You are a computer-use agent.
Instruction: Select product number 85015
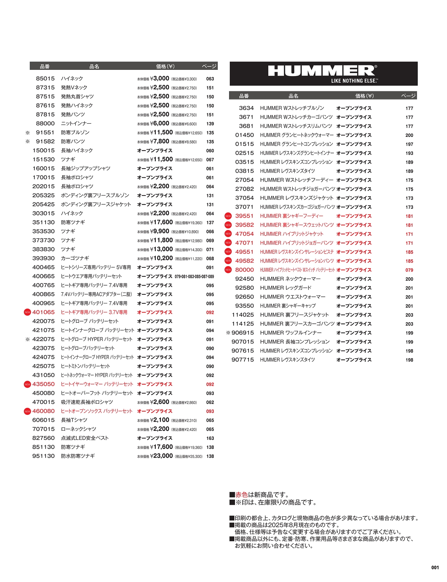(45, 79)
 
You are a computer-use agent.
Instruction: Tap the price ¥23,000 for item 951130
(163, 456)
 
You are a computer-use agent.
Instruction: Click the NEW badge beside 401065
(27, 312)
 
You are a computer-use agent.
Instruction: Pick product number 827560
(44, 438)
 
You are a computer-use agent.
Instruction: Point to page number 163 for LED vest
(210, 439)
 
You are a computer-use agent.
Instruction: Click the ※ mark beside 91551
(28, 133)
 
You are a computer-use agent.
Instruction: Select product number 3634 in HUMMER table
(246, 108)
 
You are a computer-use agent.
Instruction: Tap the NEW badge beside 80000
(228, 270)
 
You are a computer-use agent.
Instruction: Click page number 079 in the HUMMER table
(409, 270)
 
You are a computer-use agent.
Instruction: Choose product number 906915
(243, 333)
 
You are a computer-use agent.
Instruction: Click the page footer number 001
(435, 567)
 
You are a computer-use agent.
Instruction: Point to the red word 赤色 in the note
(241, 495)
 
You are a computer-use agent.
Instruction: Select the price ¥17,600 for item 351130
(163, 222)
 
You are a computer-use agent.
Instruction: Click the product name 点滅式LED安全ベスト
(85, 438)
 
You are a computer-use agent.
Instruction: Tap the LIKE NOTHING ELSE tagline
(354, 81)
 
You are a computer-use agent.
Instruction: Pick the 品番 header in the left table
(45, 66)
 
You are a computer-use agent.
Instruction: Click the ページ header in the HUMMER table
(408, 96)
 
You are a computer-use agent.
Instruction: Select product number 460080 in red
(44, 411)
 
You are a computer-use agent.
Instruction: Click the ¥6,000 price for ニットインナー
(161, 124)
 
